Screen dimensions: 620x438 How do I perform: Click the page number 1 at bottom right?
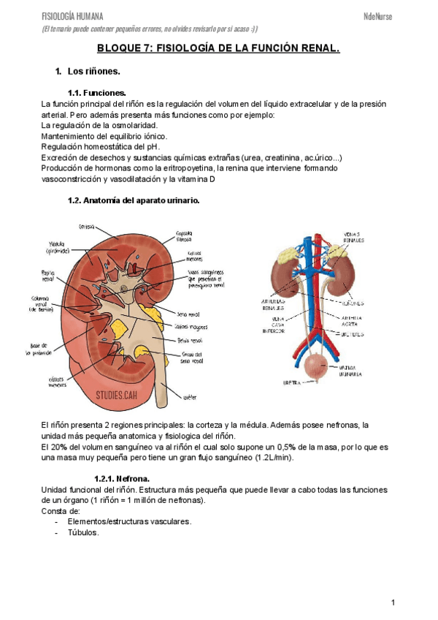click(x=393, y=602)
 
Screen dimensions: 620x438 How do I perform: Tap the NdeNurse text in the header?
click(x=377, y=16)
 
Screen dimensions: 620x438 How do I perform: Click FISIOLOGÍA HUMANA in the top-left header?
click(x=72, y=16)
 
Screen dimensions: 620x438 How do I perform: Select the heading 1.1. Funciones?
click(x=96, y=93)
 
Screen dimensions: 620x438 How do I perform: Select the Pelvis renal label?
click(x=189, y=340)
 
